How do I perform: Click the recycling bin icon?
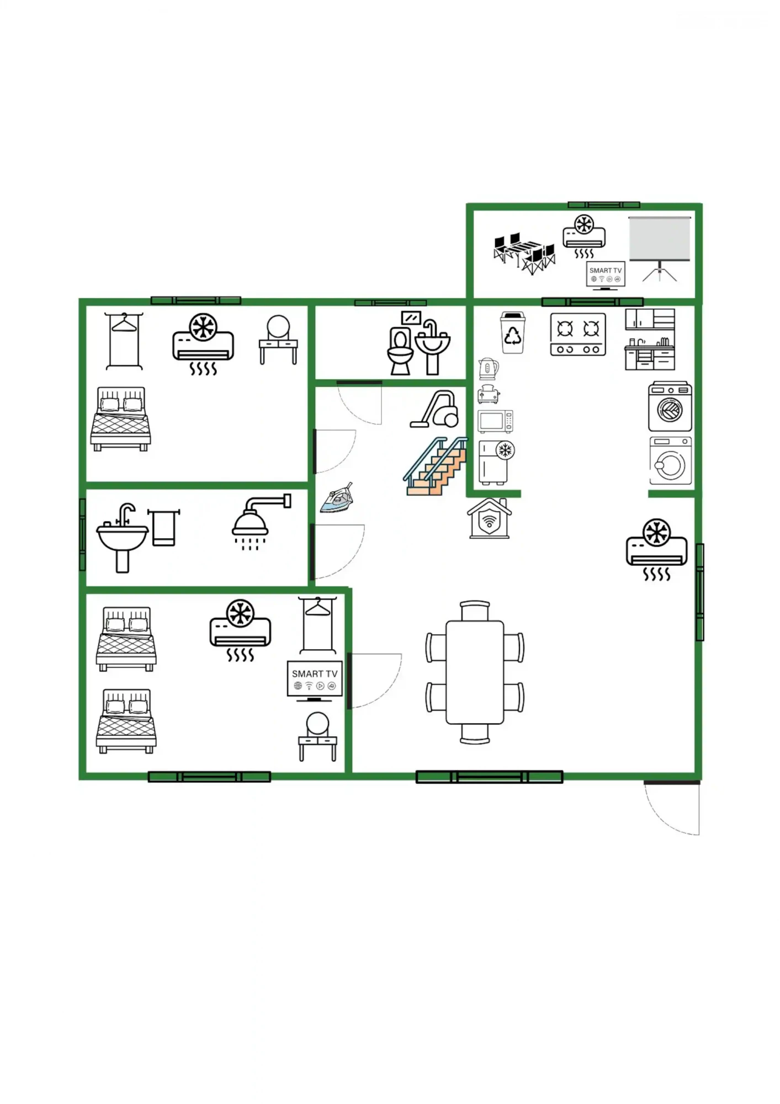click(x=513, y=332)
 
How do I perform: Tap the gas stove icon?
click(x=578, y=334)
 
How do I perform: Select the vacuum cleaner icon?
click(x=435, y=409)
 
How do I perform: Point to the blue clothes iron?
click(x=337, y=498)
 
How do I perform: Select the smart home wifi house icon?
click(x=489, y=518)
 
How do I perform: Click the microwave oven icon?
click(x=495, y=422)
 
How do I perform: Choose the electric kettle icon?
click(x=488, y=369)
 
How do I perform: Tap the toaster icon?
click(x=488, y=394)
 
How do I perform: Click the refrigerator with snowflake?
click(x=496, y=463)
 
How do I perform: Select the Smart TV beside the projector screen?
click(x=606, y=274)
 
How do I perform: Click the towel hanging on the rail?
click(x=163, y=528)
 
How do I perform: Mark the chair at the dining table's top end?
click(x=475, y=611)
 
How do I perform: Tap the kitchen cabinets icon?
click(x=650, y=339)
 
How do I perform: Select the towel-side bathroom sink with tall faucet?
click(x=123, y=538)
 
